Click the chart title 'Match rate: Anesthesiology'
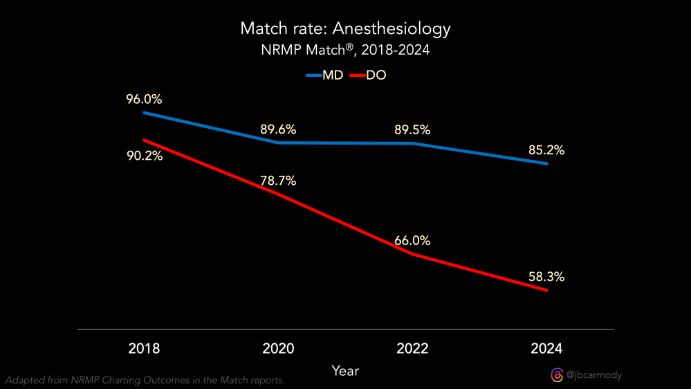tap(345, 29)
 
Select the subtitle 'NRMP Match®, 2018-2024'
tap(345, 51)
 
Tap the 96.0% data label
tap(144, 99)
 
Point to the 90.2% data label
tap(144, 156)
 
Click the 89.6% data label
tap(278, 129)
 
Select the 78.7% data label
tap(278, 181)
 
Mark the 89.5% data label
tap(412, 130)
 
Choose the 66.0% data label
tap(412, 241)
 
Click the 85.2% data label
tap(546, 150)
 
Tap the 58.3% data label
tap(546, 277)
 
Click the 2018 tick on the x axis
tap(144, 348)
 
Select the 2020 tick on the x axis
tap(278, 348)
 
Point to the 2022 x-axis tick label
tap(412, 348)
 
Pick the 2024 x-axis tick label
tap(546, 348)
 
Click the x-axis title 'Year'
tap(345, 371)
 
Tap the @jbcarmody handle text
tap(594, 375)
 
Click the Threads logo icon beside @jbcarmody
tap(557, 375)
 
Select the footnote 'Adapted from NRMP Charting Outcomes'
tap(145, 380)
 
